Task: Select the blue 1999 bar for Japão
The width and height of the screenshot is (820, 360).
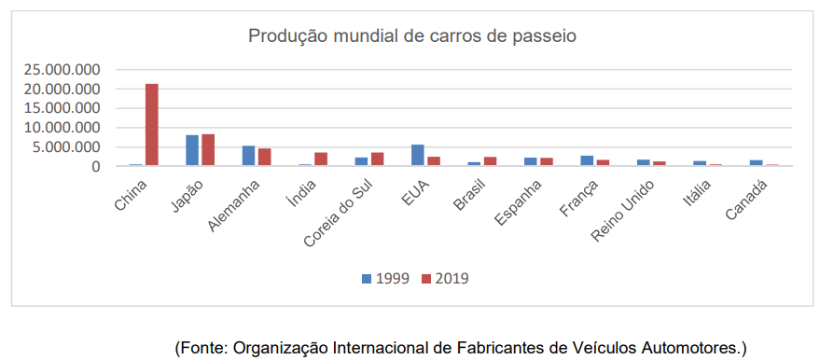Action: pos(192,150)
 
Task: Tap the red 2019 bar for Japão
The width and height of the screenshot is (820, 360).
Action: pos(208,150)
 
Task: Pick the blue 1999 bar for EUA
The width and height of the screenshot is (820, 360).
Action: pos(418,156)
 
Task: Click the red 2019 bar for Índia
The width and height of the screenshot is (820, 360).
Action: pos(321,159)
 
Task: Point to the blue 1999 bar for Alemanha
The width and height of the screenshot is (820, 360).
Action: pos(248,156)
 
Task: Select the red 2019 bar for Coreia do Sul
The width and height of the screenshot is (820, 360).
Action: pos(377,159)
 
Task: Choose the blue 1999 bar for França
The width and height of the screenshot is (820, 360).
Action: pos(587,160)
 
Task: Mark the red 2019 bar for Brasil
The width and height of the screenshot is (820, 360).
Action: pos(490,161)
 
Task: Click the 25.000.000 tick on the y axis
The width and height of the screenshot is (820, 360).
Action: pos(63,70)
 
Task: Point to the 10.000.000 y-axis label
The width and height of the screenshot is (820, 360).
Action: pos(63,128)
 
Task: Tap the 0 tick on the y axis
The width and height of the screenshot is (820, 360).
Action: pos(95,166)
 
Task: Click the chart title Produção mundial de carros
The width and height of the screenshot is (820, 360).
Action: pos(411,36)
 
